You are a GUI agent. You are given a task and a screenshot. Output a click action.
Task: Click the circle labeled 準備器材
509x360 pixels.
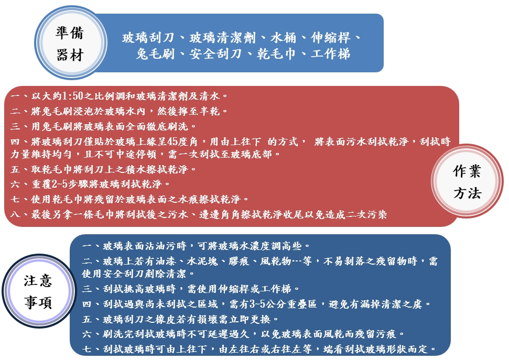(x=70, y=43)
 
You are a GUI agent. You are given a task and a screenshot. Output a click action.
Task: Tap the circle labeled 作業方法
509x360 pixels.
(x=467, y=181)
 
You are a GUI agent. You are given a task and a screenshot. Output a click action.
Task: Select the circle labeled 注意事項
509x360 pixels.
(x=38, y=291)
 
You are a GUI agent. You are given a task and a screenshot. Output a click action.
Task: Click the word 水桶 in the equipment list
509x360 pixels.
(x=284, y=38)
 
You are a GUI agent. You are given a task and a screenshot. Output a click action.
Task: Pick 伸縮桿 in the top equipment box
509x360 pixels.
(x=330, y=38)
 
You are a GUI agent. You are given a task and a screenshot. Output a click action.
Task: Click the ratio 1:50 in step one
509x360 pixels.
(x=72, y=96)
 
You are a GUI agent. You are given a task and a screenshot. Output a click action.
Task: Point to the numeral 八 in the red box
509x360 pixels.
(x=15, y=214)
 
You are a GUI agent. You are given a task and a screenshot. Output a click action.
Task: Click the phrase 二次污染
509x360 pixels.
(x=366, y=214)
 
